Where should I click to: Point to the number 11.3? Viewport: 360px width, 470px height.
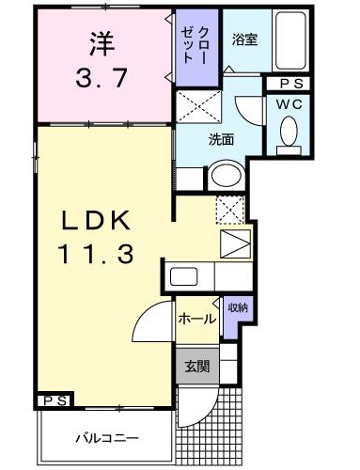[x=101, y=254]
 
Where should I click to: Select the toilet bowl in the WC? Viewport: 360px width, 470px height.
[x=290, y=133]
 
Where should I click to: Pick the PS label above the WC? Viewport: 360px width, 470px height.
[x=290, y=84]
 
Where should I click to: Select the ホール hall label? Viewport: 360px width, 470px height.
[x=196, y=319]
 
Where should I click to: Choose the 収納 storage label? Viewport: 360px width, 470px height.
[x=237, y=308]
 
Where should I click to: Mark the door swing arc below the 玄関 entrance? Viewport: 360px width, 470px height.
[x=196, y=405]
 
